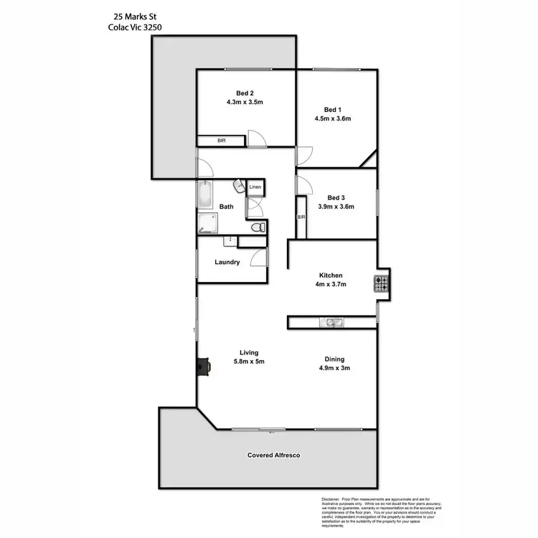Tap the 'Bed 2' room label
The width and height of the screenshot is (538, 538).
pyautogui.click(x=245, y=93)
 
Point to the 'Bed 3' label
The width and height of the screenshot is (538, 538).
pyautogui.click(x=336, y=197)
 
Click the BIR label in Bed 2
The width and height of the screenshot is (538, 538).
pyautogui.click(x=222, y=141)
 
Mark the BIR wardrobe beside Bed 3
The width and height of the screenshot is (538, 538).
pyautogui.click(x=301, y=217)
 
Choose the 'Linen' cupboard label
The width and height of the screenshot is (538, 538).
pyautogui.click(x=255, y=188)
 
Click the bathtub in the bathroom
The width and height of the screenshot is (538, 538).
pyautogui.click(x=204, y=194)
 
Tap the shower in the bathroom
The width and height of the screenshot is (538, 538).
pyautogui.click(x=207, y=224)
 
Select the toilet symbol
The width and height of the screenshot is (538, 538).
pyautogui.click(x=258, y=227)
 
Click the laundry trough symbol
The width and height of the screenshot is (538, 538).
pyautogui.click(x=230, y=241)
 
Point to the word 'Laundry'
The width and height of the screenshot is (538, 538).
pyautogui.click(x=227, y=263)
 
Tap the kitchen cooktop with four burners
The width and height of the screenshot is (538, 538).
pyautogui.click(x=380, y=284)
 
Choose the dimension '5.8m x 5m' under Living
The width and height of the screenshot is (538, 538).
pyautogui.click(x=248, y=362)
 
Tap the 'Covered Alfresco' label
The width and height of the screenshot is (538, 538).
pyautogui.click(x=273, y=455)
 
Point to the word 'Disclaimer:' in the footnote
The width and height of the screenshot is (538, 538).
pyautogui.click(x=332, y=499)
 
